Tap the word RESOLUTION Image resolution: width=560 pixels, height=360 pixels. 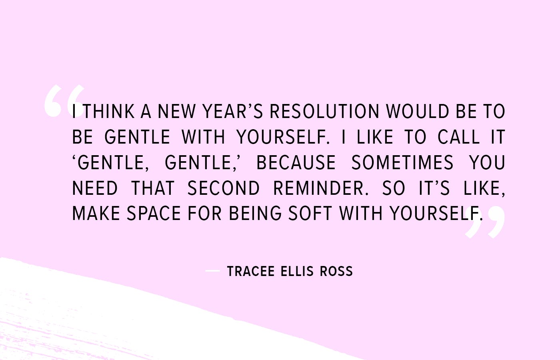[x=325, y=111]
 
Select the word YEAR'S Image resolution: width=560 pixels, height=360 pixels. [x=232, y=111]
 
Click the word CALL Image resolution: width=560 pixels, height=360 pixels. [x=459, y=137]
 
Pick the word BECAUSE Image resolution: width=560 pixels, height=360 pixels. [x=296, y=162]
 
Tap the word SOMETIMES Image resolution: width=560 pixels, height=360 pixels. [x=402, y=162]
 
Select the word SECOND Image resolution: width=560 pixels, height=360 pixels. [x=224, y=188]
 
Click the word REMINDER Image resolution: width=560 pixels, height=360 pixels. [x=321, y=188]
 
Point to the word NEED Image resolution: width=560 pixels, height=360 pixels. [x=95, y=188]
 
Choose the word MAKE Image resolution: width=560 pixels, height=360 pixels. [x=96, y=214]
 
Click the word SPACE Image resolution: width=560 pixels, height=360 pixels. [x=154, y=214]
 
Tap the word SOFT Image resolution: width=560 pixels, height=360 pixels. [x=310, y=214]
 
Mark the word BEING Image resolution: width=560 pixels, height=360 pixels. [x=255, y=214]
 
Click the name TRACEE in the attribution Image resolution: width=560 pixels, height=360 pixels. [x=251, y=271]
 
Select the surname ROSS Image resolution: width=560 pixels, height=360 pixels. [x=336, y=271]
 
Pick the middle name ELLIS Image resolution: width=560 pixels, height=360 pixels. [x=297, y=271]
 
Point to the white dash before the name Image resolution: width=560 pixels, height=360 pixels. [x=212, y=271]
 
